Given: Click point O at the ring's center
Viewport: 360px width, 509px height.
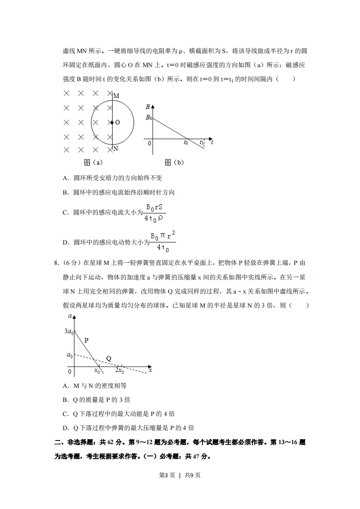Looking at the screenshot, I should pos(112,122).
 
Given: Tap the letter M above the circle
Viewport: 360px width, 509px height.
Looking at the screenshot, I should pos(116,96).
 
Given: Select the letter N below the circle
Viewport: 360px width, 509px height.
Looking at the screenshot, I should pos(116,149).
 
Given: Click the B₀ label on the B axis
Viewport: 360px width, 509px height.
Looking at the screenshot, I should pos(148,118).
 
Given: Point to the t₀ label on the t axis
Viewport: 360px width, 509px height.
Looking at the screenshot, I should pos(186,143).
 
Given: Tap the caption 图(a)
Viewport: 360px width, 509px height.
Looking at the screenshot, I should pos(93,162).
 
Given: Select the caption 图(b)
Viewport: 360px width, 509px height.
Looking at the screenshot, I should pos(174,162).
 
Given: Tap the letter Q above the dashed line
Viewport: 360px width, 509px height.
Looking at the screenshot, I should pos(109,358).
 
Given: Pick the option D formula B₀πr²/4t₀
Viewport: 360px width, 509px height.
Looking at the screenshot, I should pos(163,241).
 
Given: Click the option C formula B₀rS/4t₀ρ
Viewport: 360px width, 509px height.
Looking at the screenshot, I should pos(153,212).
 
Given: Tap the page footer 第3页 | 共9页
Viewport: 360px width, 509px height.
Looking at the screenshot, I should pos(179,475).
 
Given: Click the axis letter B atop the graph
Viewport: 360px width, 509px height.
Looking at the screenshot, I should pos(148,107).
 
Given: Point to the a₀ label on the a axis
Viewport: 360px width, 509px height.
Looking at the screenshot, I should pos(69,355).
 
